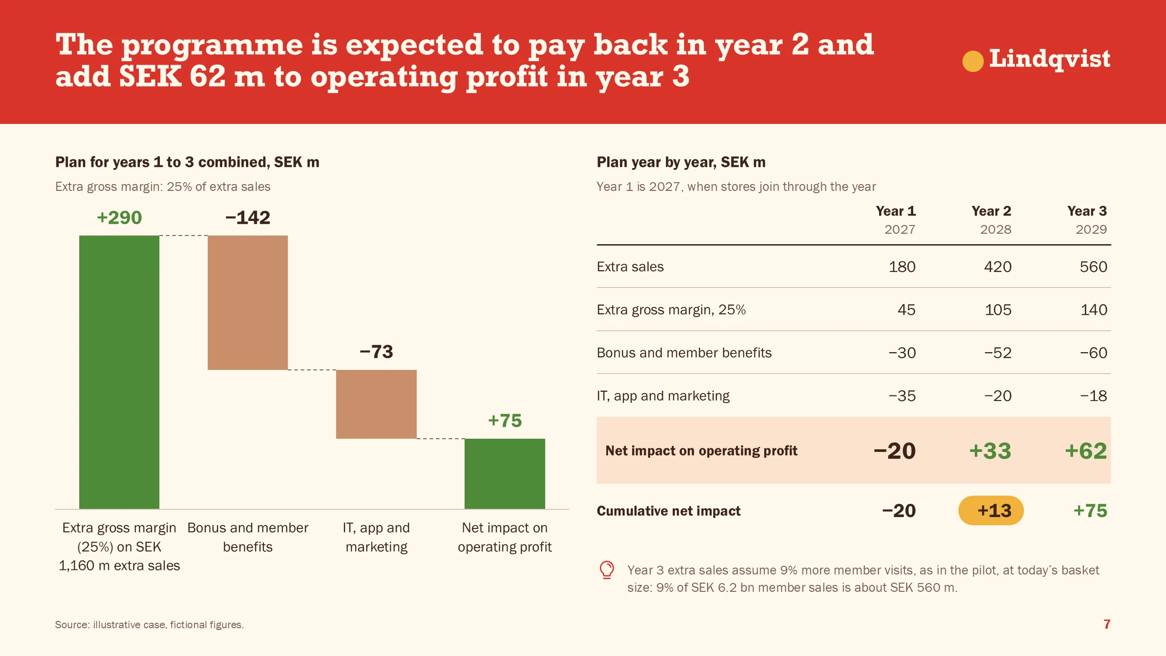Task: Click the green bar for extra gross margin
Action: click(119, 372)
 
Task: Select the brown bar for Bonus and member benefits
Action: click(248, 302)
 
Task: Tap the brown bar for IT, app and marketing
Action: click(376, 404)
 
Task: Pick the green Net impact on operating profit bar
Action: click(505, 474)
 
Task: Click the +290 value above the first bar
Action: click(119, 218)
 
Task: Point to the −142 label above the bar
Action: click(248, 218)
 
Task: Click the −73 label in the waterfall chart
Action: click(376, 352)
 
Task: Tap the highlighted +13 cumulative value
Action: click(991, 511)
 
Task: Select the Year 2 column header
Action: click(991, 211)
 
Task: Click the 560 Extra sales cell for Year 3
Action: click(1093, 266)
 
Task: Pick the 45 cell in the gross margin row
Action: click(906, 310)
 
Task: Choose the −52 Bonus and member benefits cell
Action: click(997, 353)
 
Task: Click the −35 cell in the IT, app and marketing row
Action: click(902, 396)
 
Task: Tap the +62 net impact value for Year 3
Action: click(1086, 451)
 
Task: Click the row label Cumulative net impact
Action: click(669, 511)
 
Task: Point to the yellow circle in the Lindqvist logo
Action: click(973, 61)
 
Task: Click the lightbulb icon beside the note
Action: click(607, 570)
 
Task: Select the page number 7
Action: click(1107, 624)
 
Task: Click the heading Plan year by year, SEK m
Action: click(681, 162)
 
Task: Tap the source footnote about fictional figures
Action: click(149, 625)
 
